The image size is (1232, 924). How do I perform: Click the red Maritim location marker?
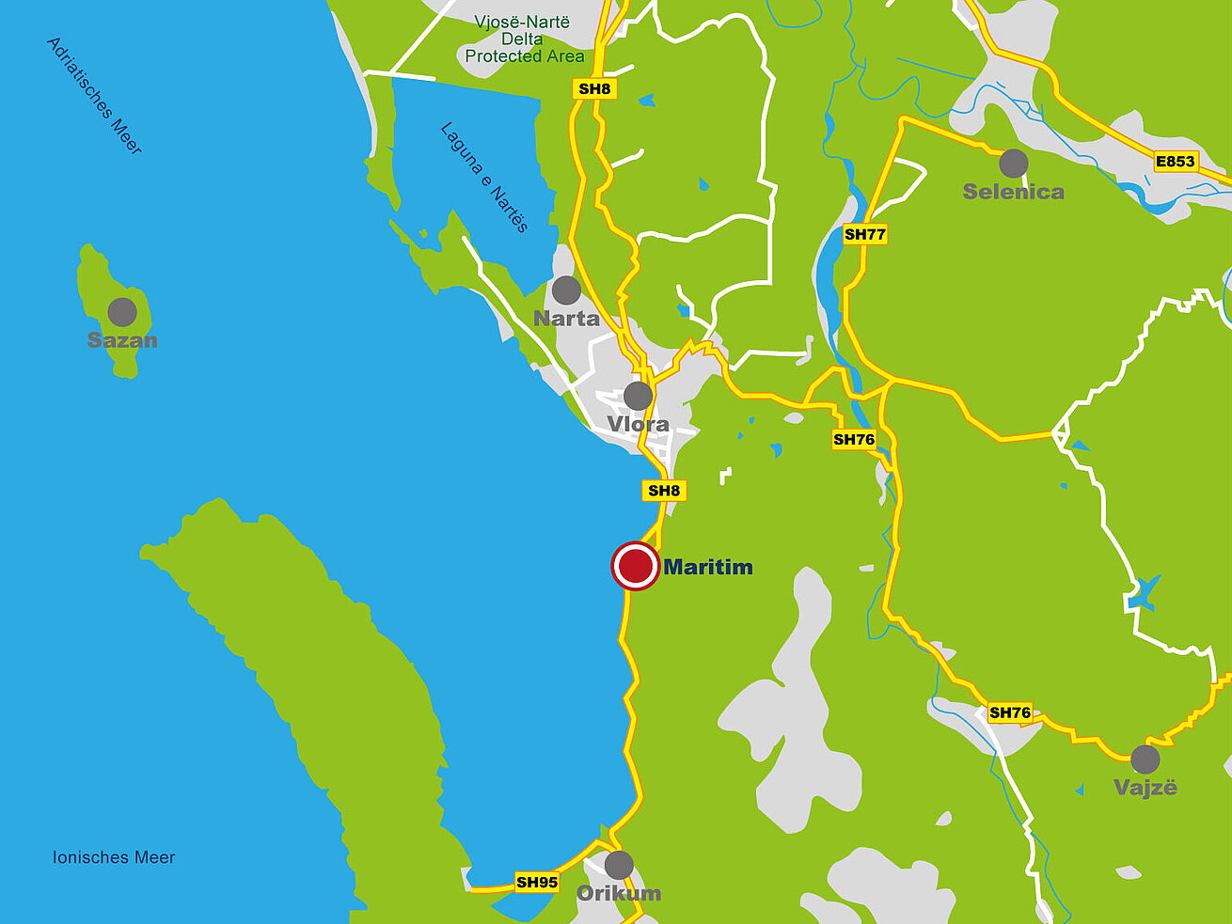[635, 567]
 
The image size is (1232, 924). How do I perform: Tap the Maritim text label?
[708, 567]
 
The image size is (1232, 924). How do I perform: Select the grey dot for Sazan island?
[122, 312]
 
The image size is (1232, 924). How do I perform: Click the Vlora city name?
[638, 424]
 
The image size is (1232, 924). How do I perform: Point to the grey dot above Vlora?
[638, 396]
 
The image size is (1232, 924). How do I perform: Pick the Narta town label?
[566, 319]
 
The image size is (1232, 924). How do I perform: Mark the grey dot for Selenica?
[1013, 164]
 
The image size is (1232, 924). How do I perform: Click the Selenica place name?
[1014, 192]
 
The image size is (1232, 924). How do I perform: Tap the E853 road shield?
[1175, 162]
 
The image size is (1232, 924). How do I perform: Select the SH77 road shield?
[864, 234]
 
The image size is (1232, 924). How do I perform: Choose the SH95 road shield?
[537, 882]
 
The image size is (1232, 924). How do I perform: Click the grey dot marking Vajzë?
[1145, 760]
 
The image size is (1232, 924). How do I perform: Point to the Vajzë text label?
[1145, 788]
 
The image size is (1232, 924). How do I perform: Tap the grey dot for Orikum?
[618, 865]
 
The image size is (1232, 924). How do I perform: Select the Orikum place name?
[618, 893]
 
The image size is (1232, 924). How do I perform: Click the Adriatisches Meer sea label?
[94, 96]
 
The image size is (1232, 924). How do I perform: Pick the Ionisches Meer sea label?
[114, 857]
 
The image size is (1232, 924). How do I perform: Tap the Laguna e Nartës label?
[484, 177]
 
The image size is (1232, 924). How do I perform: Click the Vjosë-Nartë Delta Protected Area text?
[524, 39]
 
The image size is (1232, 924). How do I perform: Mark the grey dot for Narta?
[566, 290]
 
